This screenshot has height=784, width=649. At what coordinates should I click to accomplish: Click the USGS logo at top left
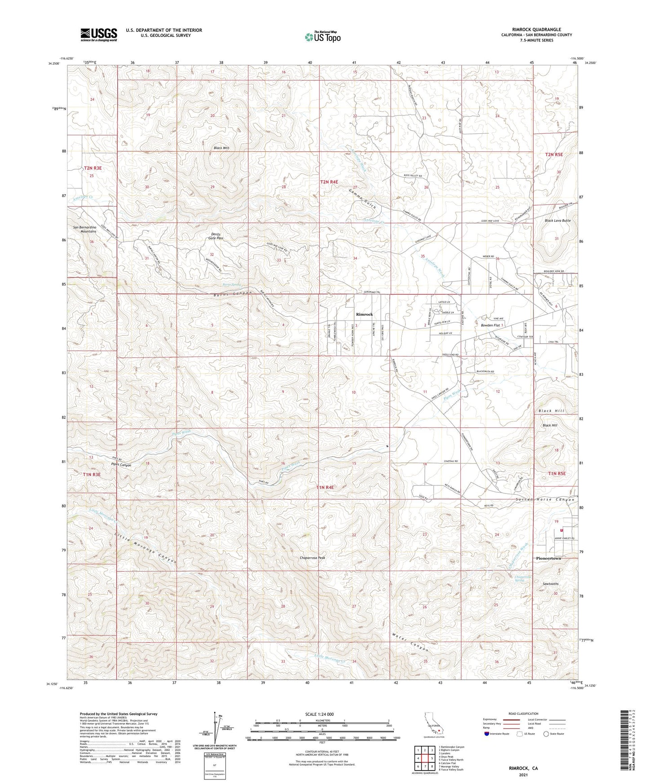click(x=98, y=35)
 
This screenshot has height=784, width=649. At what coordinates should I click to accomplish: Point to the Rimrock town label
click(x=364, y=314)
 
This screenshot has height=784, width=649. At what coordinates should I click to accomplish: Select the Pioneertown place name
click(x=548, y=558)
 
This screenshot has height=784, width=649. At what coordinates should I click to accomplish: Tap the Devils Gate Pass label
click(x=214, y=236)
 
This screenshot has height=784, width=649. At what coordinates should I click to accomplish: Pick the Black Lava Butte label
click(x=557, y=221)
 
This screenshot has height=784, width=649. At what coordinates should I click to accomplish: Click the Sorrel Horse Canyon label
click(x=545, y=500)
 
